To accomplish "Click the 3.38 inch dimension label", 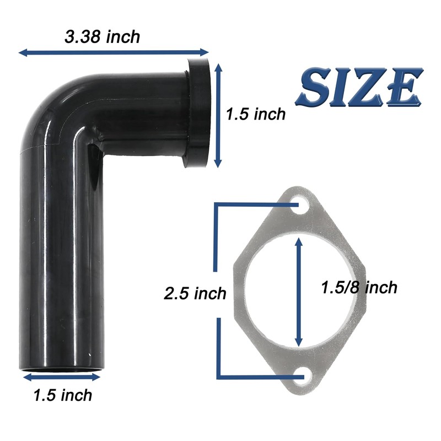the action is point(102,37).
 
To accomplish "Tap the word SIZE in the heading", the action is point(359,87).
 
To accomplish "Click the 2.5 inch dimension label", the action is point(195,293).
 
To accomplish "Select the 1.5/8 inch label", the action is point(359,288).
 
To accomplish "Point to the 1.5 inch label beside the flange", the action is point(256,114).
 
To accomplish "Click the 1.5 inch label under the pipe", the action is point(63,395).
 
